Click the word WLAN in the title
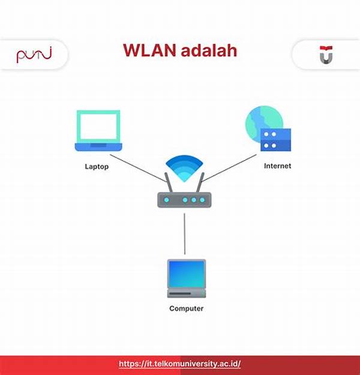(150, 50)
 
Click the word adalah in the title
(209, 50)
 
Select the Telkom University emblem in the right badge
(326, 55)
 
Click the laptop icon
(98, 131)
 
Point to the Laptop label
(97, 166)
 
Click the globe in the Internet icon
(264, 123)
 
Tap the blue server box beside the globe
(275, 140)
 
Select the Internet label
(277, 166)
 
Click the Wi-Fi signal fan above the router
(184, 168)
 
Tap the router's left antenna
(169, 182)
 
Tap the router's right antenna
(200, 182)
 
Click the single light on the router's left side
(166, 200)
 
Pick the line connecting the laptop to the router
(138, 168)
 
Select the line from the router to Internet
(229, 168)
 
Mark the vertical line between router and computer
(184, 233)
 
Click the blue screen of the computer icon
(187, 274)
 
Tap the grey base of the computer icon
(187, 293)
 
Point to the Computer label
(187, 308)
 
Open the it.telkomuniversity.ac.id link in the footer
(179, 364)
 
